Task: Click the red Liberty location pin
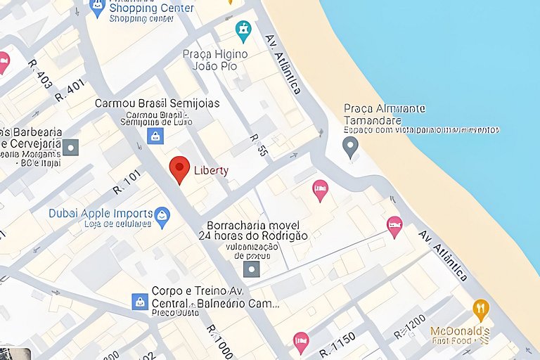[x=180, y=169]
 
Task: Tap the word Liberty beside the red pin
[x=211, y=170]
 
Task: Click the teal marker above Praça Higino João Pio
[x=243, y=31]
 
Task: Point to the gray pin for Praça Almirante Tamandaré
[x=350, y=147]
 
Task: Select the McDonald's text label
[x=460, y=330]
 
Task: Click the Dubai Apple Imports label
[x=101, y=213]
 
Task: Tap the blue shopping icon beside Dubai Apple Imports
[x=162, y=217]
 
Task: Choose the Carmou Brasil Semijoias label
[x=157, y=103]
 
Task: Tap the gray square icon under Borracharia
[x=251, y=269]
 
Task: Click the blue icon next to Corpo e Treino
[x=140, y=301]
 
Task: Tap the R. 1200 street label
[x=410, y=324]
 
